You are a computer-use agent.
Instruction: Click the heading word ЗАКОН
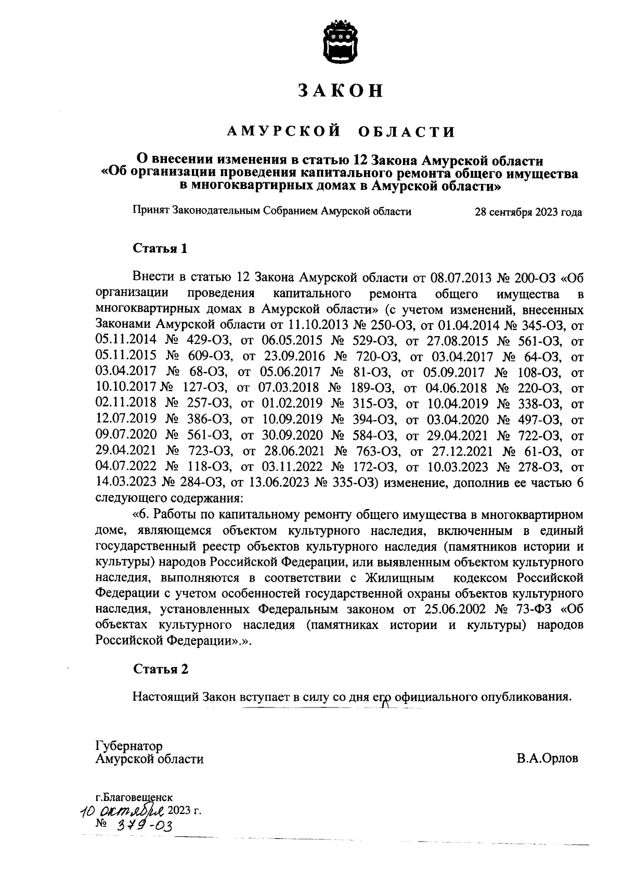point(341,90)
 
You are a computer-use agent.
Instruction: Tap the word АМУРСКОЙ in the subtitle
point(283,131)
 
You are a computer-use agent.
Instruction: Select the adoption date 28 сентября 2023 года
point(528,212)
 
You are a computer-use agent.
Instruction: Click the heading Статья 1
point(160,248)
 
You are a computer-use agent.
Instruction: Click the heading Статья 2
point(160,669)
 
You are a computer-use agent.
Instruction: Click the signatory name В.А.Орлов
point(547,759)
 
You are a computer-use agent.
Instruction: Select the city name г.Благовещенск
point(134,797)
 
